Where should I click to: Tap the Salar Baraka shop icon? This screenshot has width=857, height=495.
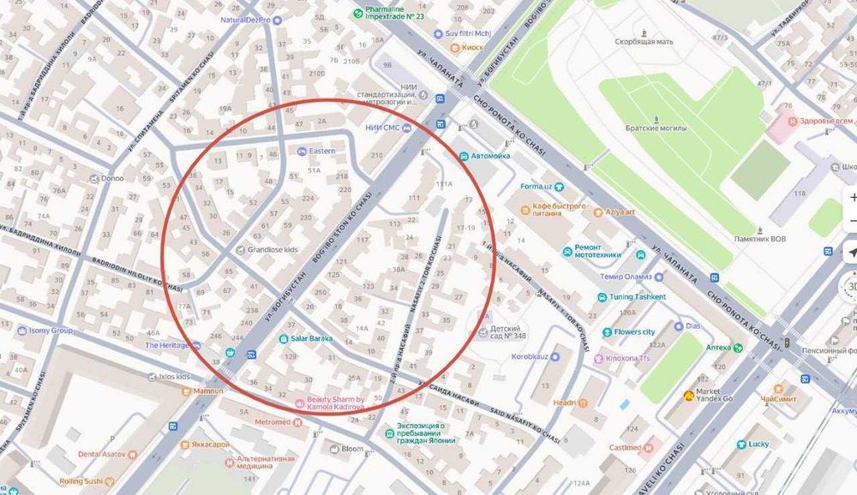point(283,338)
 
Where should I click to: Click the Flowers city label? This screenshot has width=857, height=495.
point(634,331)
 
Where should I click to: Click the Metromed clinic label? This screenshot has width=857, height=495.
point(273,422)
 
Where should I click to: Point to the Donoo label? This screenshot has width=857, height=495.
point(112,179)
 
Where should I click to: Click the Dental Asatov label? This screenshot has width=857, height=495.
point(102,454)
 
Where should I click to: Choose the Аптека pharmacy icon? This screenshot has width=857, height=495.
point(737,347)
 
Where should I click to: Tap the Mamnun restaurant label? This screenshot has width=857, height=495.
point(207,391)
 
